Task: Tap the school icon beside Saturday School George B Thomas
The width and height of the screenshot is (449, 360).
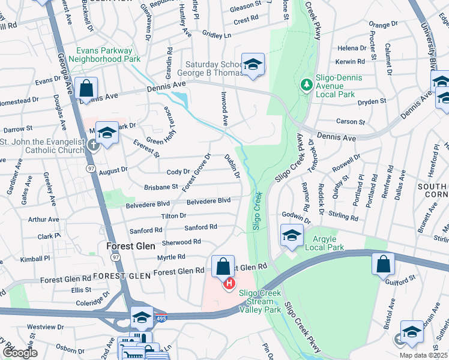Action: point(253,64)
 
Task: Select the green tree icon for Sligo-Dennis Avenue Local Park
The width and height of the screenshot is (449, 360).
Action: point(307,84)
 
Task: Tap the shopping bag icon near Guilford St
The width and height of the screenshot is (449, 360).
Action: point(383,264)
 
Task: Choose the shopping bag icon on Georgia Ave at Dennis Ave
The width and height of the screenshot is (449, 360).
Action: point(86,88)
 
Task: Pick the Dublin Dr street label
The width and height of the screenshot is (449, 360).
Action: point(232,166)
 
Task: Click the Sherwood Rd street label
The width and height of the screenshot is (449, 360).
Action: point(181,242)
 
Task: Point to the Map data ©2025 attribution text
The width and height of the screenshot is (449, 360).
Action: point(423,355)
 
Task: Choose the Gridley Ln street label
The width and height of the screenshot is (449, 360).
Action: point(217,35)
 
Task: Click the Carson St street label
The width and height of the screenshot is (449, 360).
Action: point(351,122)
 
